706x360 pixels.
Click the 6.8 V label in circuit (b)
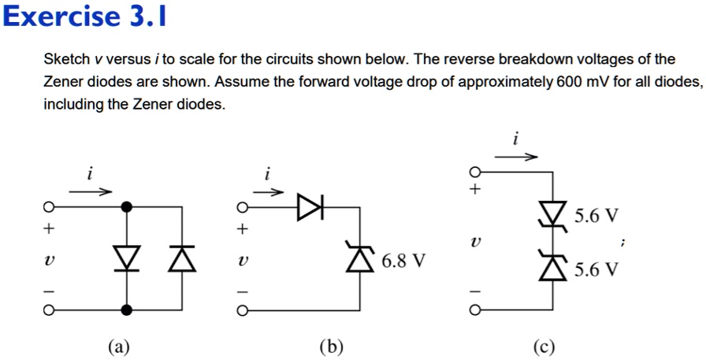click(x=403, y=260)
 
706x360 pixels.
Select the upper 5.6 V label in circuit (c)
click(x=596, y=215)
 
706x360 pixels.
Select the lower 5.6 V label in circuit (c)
click(x=596, y=270)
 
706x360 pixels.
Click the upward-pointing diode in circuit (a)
click(x=183, y=257)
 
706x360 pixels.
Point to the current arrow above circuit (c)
click(x=515, y=157)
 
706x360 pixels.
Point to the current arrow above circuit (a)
click(x=91, y=190)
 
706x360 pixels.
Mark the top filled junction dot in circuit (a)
click(x=126, y=207)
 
